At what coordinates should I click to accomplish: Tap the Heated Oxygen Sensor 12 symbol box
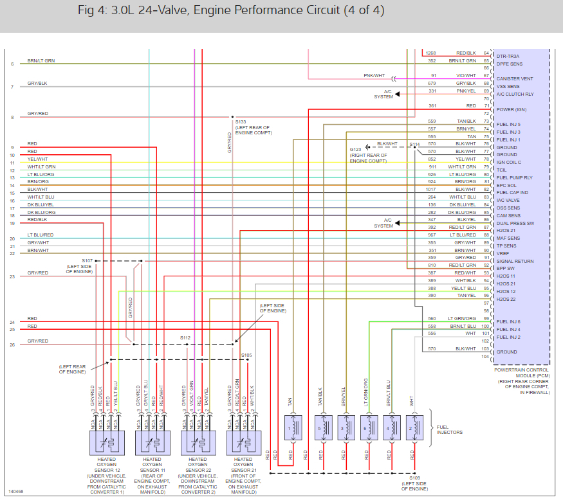pyautogui.click(x=106, y=442)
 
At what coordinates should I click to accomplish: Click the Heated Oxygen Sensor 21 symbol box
pyautogui.click(x=243, y=442)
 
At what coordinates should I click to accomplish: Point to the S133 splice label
pyautogui.click(x=241, y=121)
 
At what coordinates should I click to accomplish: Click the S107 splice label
pyautogui.click(x=87, y=260)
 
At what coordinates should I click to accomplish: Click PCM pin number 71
pyautogui.click(x=486, y=105)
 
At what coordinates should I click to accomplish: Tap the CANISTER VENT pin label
pyautogui.click(x=515, y=78)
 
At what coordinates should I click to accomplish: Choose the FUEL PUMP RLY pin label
pyautogui.click(x=515, y=177)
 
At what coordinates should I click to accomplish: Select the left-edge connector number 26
pyautogui.click(x=12, y=345)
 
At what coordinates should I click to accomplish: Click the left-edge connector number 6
pyautogui.click(x=12, y=64)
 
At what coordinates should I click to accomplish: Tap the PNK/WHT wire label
pyautogui.click(x=374, y=75)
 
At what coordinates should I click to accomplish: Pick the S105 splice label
pyautogui.click(x=247, y=355)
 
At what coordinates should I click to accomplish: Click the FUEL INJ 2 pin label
pyautogui.click(x=509, y=337)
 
